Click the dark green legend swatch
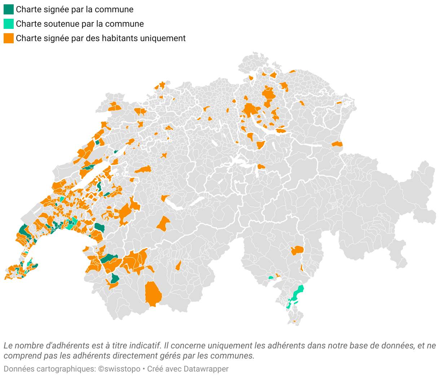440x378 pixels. pos(9,9)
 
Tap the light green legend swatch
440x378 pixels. pos(9,24)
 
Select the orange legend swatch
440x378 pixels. pos(9,38)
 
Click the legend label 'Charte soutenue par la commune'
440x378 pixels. pos(80,24)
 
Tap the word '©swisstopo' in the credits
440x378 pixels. pos(119,369)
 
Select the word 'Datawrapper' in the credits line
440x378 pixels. pos(206,369)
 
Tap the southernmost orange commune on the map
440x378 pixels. pos(294,321)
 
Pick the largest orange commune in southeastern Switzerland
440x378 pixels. pos(298,250)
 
